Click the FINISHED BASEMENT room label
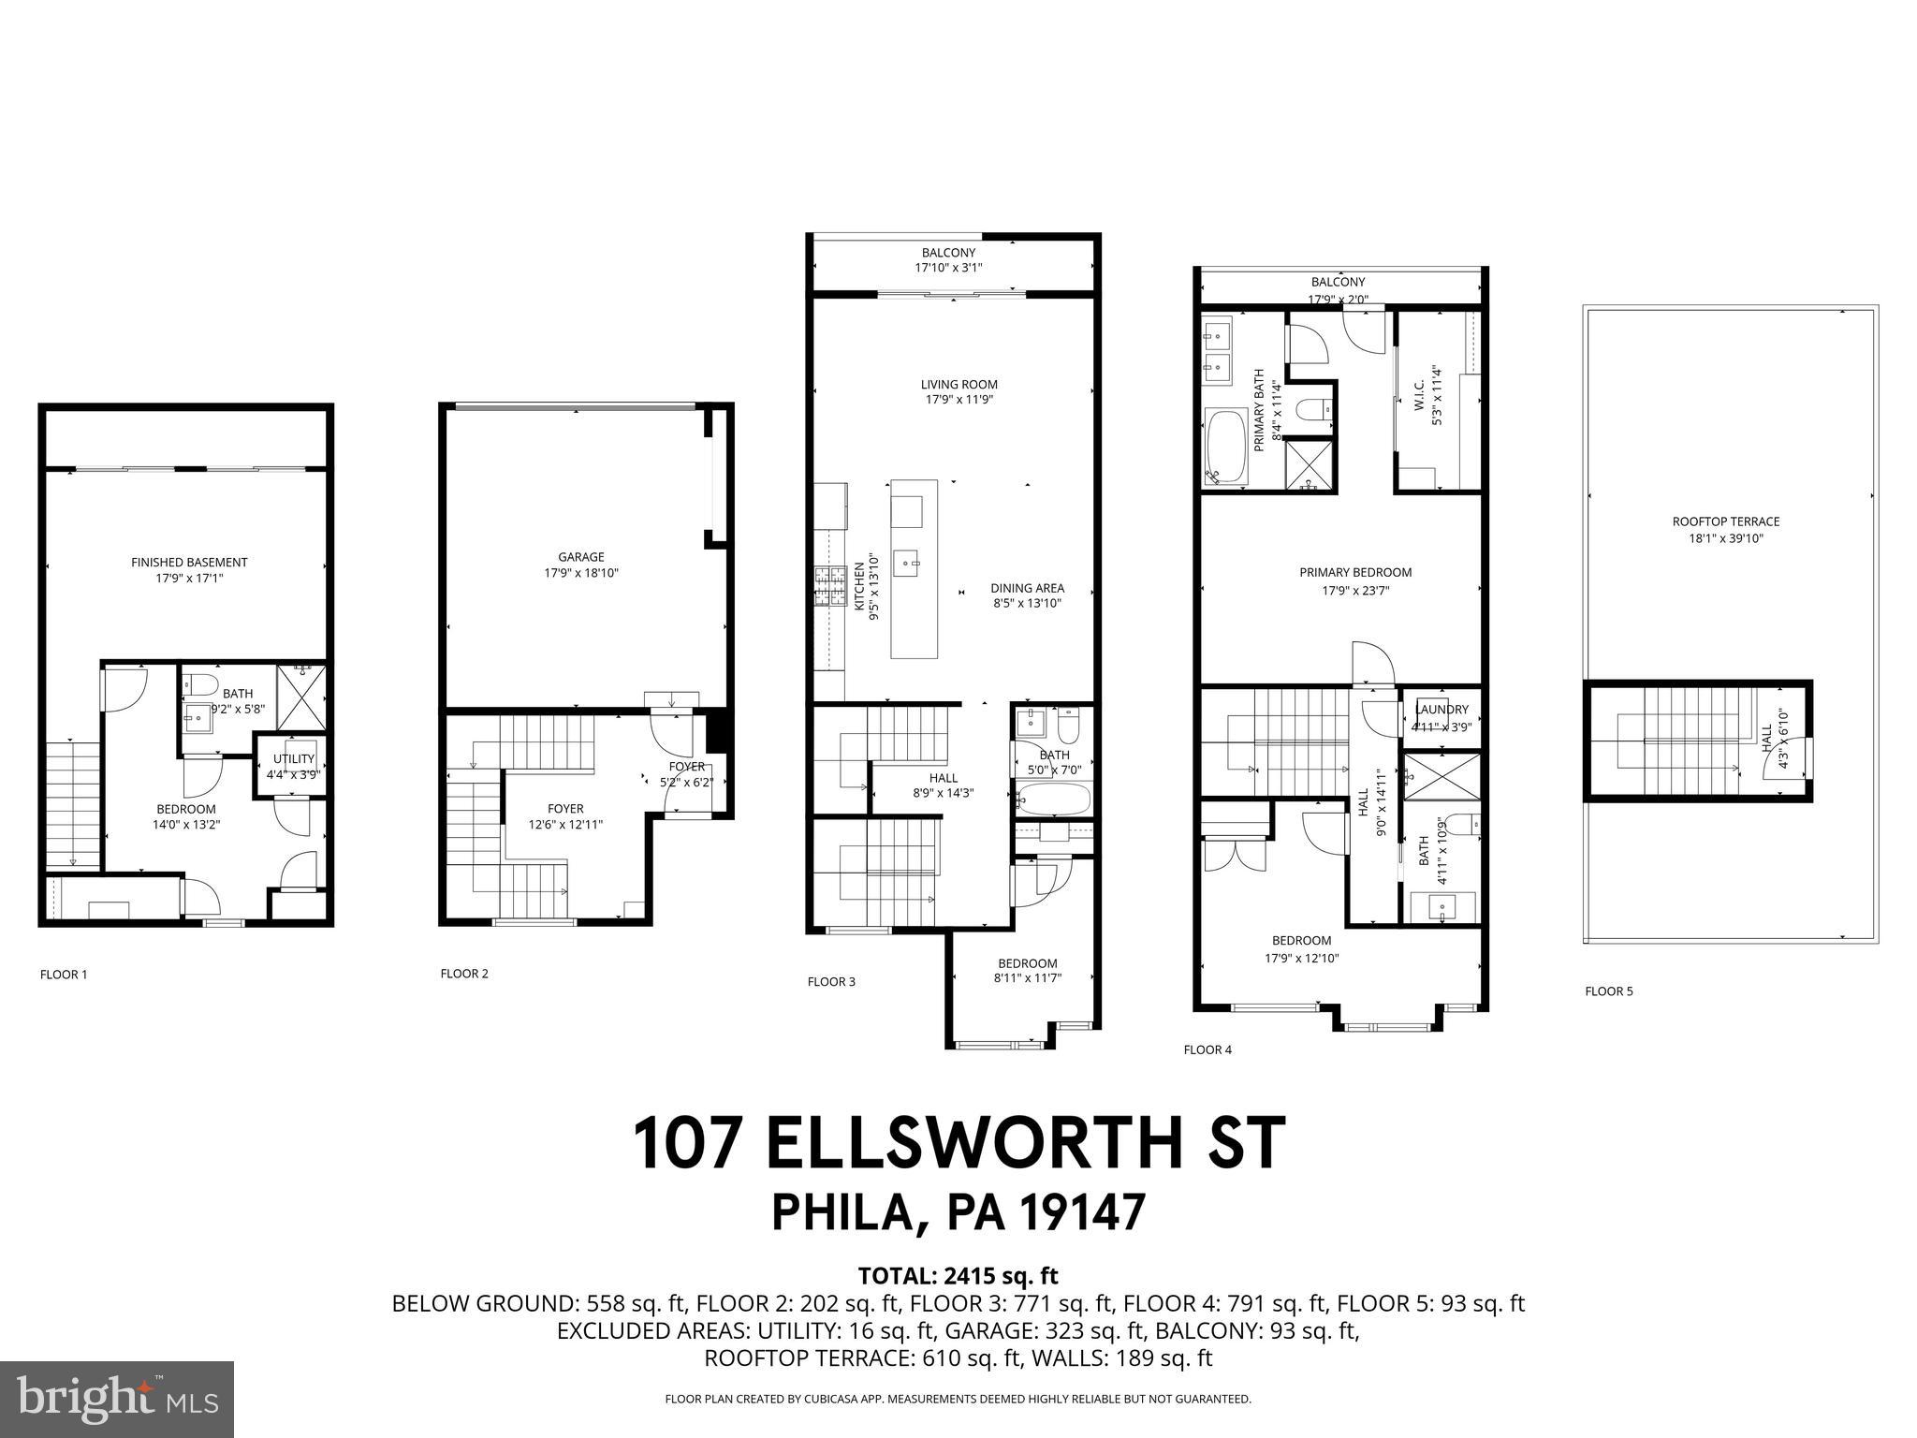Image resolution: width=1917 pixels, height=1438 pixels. (189, 563)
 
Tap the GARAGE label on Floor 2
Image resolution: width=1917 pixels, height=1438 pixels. (581, 557)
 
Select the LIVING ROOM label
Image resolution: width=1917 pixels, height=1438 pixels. (958, 384)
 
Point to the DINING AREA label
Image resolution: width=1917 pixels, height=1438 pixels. (1027, 588)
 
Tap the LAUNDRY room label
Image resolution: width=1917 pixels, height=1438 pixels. (1441, 710)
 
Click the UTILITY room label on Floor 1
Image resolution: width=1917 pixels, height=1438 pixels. (293, 758)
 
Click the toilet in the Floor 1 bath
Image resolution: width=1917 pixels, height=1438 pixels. (200, 682)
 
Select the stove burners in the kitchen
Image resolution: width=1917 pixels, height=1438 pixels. (829, 587)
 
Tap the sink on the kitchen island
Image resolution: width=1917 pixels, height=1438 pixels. (906, 563)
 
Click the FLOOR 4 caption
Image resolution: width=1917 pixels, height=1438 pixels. (1207, 1049)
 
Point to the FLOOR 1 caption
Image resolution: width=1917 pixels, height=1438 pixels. (64, 975)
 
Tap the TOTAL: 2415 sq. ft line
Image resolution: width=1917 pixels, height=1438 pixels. (958, 1275)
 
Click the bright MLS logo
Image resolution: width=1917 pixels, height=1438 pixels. (117, 1401)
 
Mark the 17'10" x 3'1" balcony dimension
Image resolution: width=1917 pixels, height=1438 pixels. (948, 268)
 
